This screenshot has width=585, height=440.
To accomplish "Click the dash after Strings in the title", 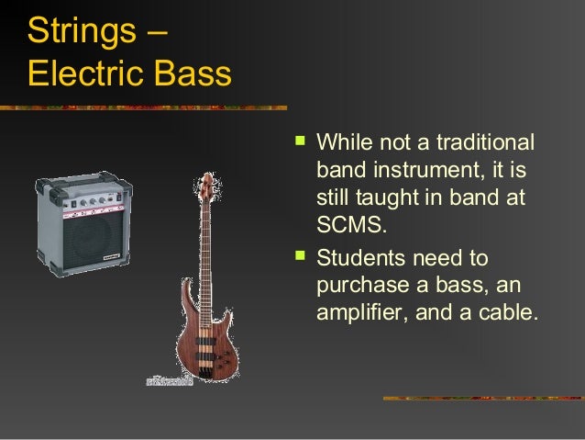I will pyautogui.click(x=156, y=33).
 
